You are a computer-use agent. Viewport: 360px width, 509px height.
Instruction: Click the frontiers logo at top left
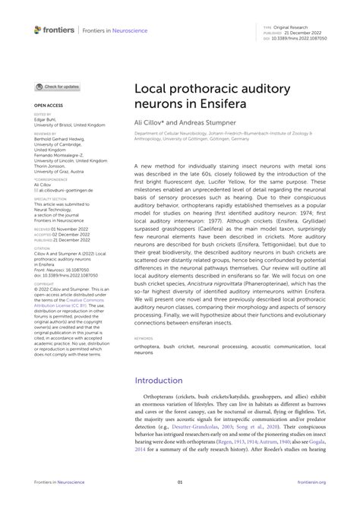[x=52, y=30]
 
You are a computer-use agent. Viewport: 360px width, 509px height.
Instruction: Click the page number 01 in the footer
[x=180, y=482]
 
